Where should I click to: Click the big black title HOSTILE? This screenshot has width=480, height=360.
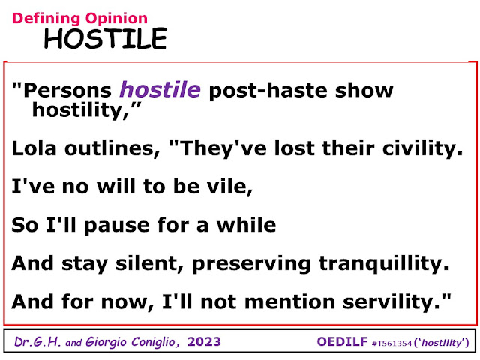[105, 38]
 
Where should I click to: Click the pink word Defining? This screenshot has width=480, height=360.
[46, 19]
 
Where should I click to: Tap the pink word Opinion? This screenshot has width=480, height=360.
[116, 19]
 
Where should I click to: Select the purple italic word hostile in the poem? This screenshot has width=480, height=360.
[160, 89]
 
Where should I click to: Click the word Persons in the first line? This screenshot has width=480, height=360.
[67, 91]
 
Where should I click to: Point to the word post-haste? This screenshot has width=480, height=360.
[268, 91]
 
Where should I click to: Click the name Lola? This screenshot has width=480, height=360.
[34, 148]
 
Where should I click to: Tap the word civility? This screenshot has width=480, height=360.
[422, 149]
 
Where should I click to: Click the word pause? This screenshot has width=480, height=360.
[117, 226]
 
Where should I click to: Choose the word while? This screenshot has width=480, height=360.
[247, 224]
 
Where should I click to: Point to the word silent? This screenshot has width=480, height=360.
[149, 263]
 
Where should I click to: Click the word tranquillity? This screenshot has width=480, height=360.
[383, 264]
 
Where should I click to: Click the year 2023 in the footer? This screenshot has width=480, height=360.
[204, 342]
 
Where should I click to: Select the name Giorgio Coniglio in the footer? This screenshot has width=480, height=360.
[133, 342]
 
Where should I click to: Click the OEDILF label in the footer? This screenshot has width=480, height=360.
[342, 342]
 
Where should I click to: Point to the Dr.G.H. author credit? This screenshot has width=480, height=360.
[37, 342]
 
